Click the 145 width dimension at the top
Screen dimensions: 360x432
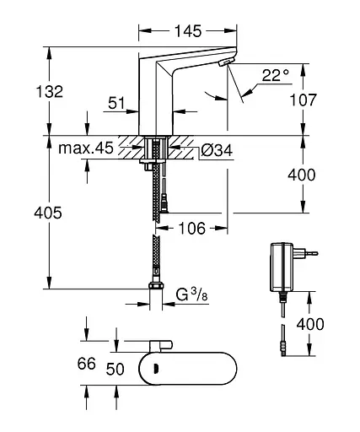(188, 30)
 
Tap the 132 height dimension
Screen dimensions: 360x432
(50, 91)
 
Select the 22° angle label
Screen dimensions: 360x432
(276, 75)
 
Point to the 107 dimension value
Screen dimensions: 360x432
(303, 100)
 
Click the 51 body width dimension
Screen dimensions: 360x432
(116, 103)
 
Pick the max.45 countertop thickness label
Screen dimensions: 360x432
(86, 148)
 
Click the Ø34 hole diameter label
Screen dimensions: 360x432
(217, 150)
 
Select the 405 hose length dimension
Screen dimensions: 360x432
(48, 213)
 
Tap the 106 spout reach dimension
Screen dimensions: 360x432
(192, 228)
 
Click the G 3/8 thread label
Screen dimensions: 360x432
(192, 294)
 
